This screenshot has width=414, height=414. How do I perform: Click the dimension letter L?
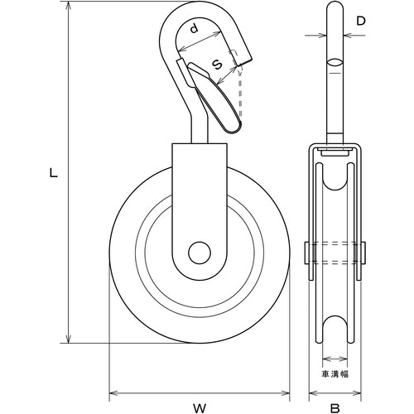(x=53, y=174)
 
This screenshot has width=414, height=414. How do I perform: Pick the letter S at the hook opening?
(x=217, y=63)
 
